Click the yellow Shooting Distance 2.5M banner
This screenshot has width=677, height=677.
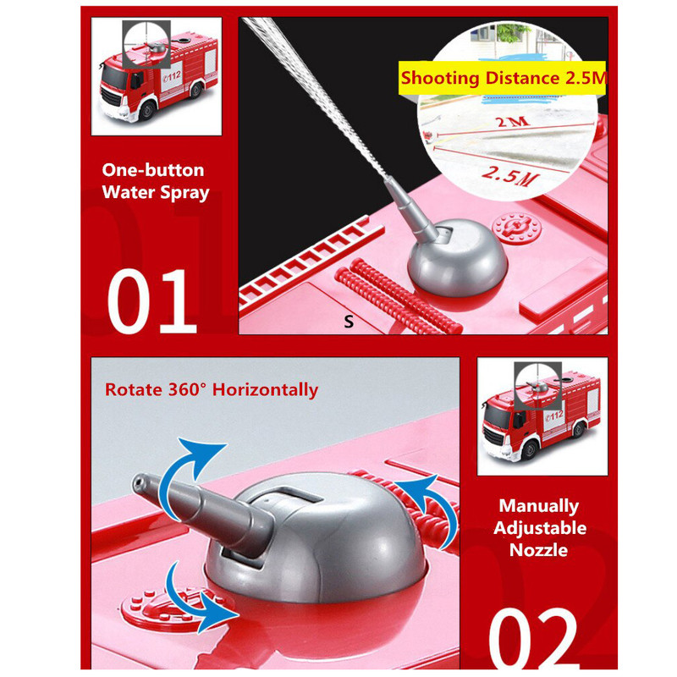pyautogui.click(x=502, y=78)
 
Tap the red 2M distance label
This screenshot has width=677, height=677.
pyautogui.click(x=513, y=122)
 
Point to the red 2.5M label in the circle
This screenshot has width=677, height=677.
pyautogui.click(x=511, y=175)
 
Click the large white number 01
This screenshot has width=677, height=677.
pyautogui.click(x=152, y=301)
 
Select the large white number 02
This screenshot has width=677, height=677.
pyautogui.click(x=533, y=638)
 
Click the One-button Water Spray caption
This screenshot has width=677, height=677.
pyautogui.click(x=156, y=181)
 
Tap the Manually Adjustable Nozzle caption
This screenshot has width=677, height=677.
pyautogui.click(x=540, y=527)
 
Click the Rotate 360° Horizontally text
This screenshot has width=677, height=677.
pyautogui.click(x=212, y=389)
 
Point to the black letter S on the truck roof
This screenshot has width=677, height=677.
pyautogui.click(x=349, y=322)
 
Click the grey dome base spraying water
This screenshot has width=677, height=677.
pyautogui.click(x=458, y=258)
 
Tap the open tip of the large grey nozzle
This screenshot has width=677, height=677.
pyautogui.click(x=139, y=482)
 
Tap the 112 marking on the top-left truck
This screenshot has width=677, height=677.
pyautogui.click(x=172, y=77)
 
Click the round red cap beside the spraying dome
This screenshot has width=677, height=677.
pyautogui.click(x=516, y=228)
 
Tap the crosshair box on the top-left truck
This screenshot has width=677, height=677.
pyautogui.click(x=146, y=44)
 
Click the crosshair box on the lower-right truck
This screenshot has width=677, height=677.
pyautogui.click(x=537, y=386)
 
